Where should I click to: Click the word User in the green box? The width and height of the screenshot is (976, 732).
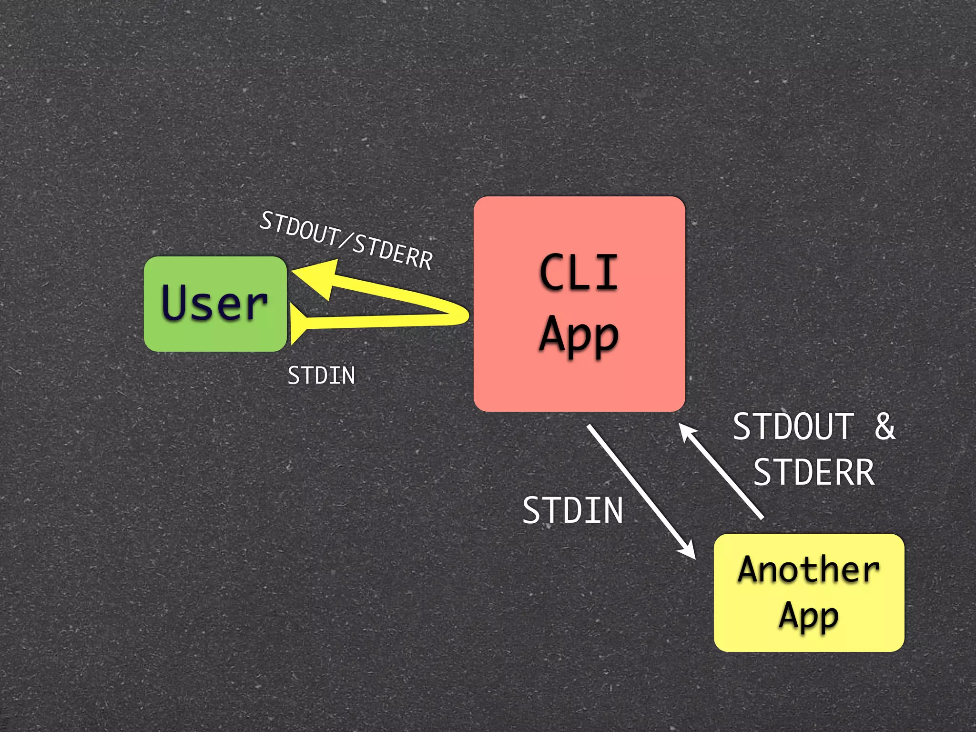coord(214,303)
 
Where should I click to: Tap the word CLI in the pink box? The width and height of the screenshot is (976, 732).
coord(579,272)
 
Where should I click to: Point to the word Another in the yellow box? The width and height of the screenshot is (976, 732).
coord(808,570)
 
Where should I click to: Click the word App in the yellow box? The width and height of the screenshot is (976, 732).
coord(809,616)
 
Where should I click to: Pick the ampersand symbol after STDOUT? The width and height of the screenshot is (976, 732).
coord(884,427)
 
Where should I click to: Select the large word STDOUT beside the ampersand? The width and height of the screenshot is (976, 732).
coord(793,427)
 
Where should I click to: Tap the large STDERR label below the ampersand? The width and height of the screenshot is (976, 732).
coord(814,472)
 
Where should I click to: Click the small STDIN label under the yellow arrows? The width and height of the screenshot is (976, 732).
coord(321,376)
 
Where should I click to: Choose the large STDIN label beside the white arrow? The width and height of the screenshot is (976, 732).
coord(573,510)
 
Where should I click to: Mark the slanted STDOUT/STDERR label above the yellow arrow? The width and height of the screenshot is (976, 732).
coord(346,241)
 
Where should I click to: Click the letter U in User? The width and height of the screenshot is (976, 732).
coord(175,301)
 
